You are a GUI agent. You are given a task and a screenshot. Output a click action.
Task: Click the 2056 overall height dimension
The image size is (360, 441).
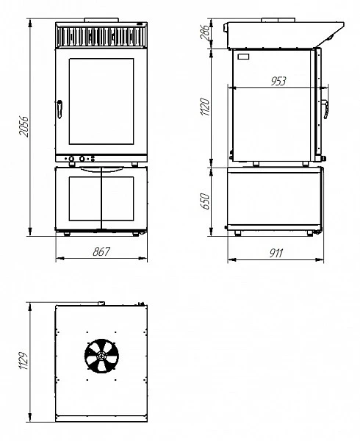[x=24, y=126]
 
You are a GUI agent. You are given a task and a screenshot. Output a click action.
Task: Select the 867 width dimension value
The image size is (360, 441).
[x=101, y=251]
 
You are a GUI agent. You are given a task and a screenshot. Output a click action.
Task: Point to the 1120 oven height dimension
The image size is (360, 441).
[x=205, y=107]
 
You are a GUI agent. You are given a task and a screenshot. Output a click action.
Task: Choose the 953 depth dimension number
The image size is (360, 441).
[x=278, y=81]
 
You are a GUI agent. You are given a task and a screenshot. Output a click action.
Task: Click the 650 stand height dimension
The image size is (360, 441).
[x=205, y=201]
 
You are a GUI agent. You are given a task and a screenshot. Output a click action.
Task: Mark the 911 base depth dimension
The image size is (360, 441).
[x=276, y=253]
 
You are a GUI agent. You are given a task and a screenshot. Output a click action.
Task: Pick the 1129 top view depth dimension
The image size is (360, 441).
[x=24, y=360]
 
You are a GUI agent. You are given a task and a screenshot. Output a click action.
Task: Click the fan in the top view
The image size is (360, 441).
[x=101, y=356]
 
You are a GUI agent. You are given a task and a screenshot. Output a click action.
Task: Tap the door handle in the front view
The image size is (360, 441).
[x=60, y=109]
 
